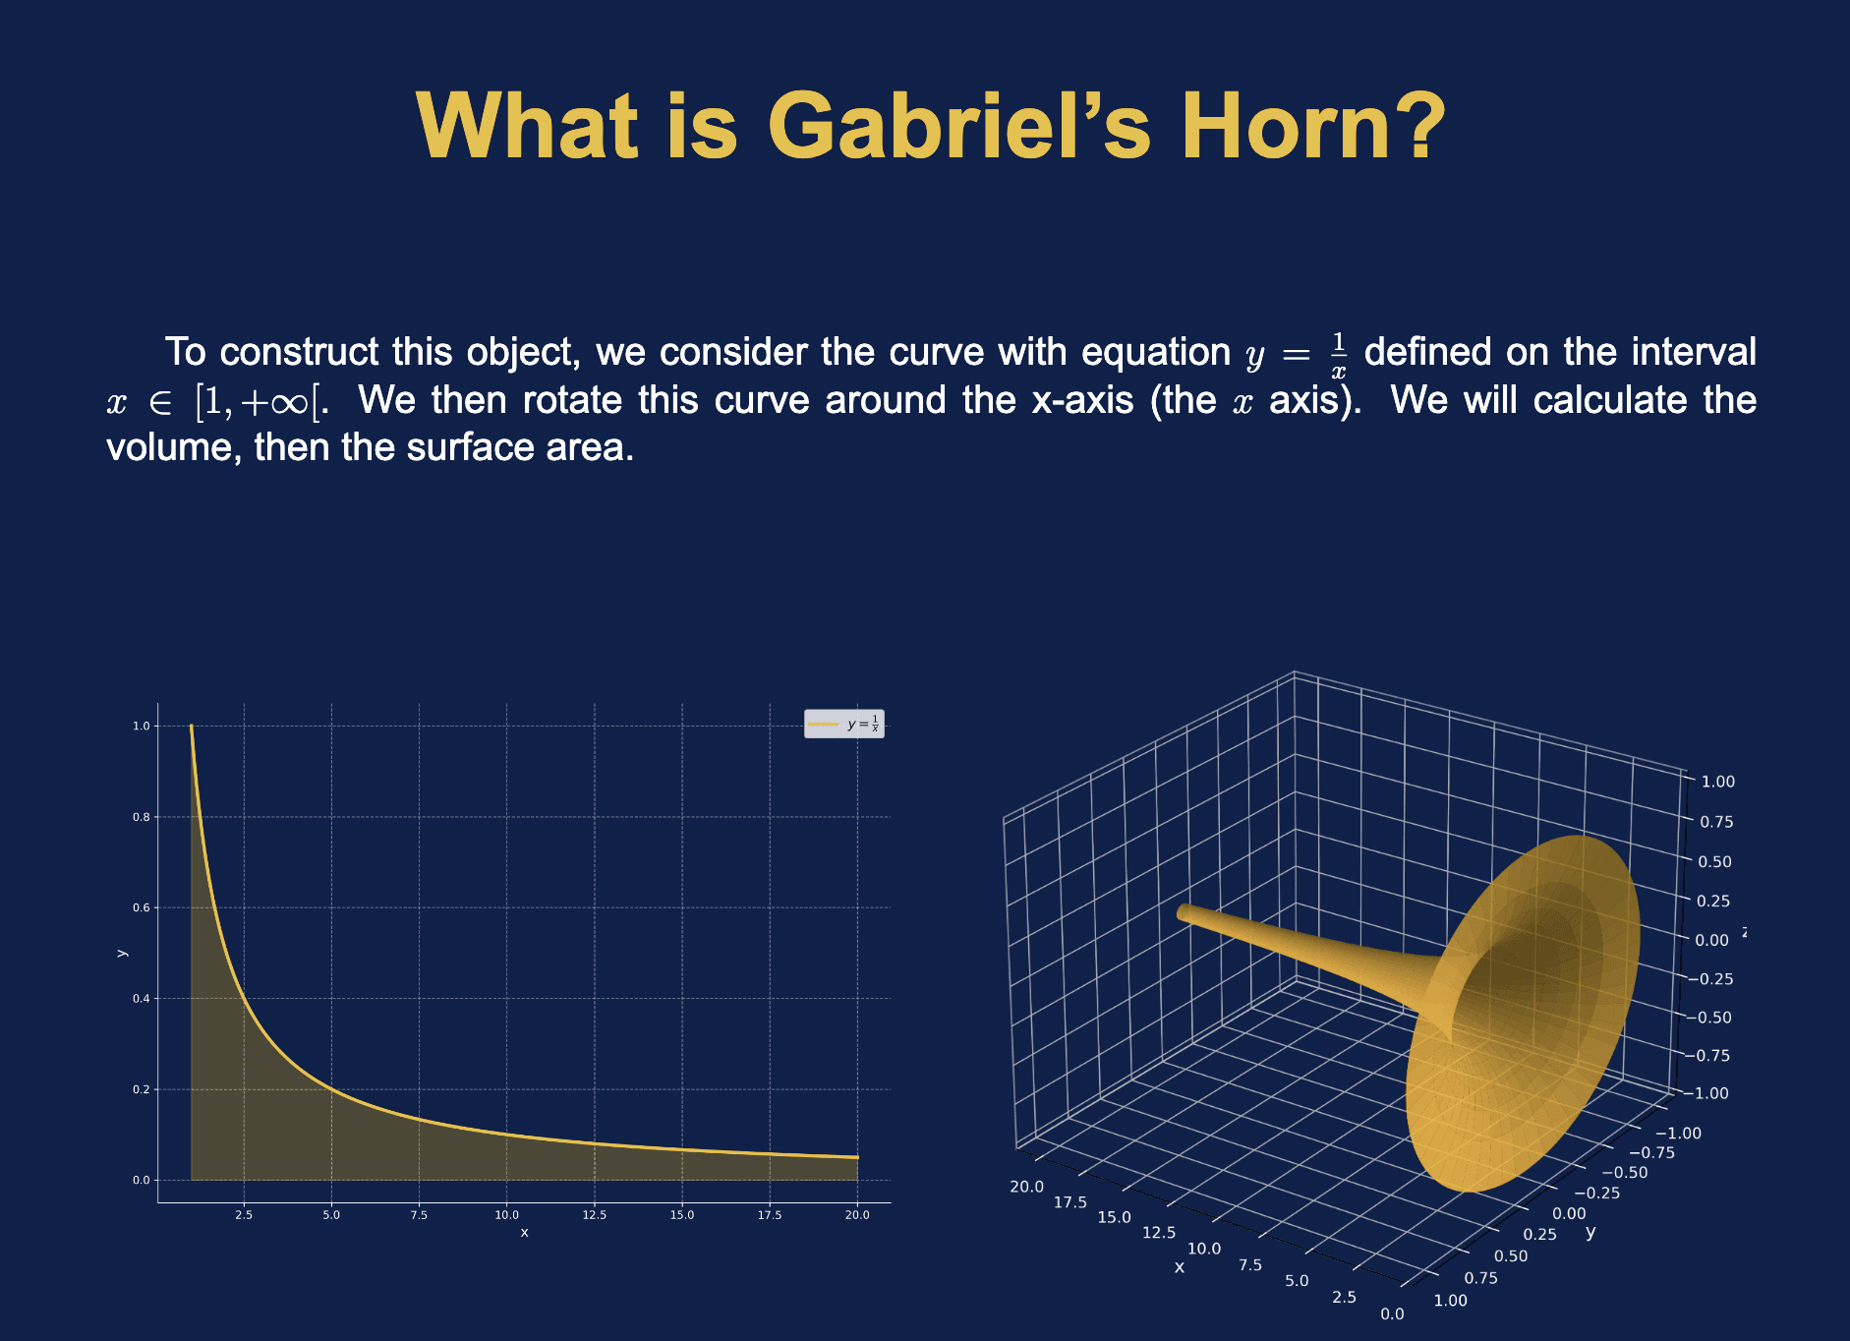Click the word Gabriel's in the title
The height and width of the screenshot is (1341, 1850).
pyautogui.click(x=958, y=128)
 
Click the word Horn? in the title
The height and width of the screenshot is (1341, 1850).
pyautogui.click(x=1312, y=128)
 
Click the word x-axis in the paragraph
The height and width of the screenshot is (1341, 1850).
pyautogui.click(x=1082, y=401)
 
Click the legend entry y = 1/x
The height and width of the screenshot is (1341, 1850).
pyautogui.click(x=844, y=725)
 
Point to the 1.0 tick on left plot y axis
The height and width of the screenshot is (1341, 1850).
pyautogui.click(x=142, y=727)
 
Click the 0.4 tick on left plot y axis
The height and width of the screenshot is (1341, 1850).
pyautogui.click(x=142, y=999)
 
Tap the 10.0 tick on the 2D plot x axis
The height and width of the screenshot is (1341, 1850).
pyautogui.click(x=506, y=1215)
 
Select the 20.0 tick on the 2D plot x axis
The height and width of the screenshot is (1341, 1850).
pyautogui.click(x=857, y=1215)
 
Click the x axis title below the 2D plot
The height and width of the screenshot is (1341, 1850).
pyautogui.click(x=524, y=1233)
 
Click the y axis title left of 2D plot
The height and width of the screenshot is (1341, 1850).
pyautogui.click(x=122, y=952)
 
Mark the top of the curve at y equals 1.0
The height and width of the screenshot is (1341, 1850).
pyautogui.click(x=191, y=728)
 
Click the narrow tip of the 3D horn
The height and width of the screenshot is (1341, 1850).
pyautogui.click(x=1183, y=912)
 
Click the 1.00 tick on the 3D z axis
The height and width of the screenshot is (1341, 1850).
pyautogui.click(x=1717, y=782)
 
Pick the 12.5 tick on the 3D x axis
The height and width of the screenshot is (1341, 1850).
pyautogui.click(x=1159, y=1233)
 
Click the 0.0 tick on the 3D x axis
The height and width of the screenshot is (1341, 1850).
pyautogui.click(x=1392, y=1314)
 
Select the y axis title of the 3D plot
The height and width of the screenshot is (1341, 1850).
pyautogui.click(x=1590, y=1232)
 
